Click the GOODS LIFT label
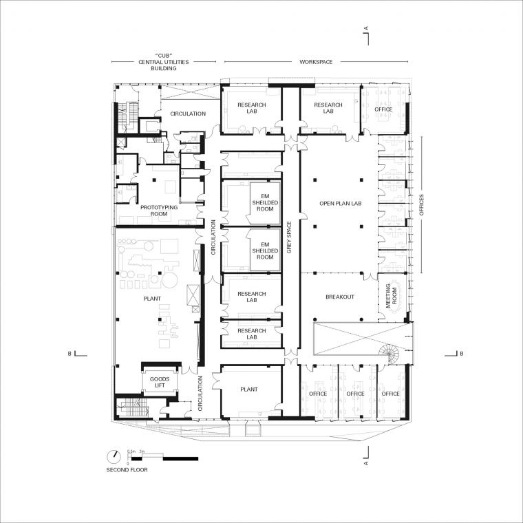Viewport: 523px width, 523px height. pos(160,382)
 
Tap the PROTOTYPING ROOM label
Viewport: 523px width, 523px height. pos(159,211)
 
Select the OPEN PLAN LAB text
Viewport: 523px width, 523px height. pos(341,204)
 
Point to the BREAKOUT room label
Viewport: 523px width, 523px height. pos(340,297)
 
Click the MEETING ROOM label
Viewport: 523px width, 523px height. pos(392,295)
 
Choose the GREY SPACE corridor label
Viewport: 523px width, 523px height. pos(289,237)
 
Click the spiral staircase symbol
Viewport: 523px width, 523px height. pos(389,354)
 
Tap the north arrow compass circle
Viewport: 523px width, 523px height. pos(114,457)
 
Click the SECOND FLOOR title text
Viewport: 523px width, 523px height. pos(127,470)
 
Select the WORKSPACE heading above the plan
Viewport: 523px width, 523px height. pos(316,62)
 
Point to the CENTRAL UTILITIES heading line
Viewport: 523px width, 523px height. pos(164,62)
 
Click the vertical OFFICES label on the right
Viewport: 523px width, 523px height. pos(422,205)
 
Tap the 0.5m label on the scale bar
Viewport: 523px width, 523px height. pos(131,451)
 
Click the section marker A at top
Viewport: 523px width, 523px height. pos(366,29)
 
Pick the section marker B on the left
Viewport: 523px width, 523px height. pos(70,354)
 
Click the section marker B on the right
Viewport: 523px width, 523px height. pos(462,354)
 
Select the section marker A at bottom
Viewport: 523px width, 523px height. pos(366,463)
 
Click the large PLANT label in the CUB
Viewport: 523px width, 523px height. pos(152,299)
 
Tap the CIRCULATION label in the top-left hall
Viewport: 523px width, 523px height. pos(188,114)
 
